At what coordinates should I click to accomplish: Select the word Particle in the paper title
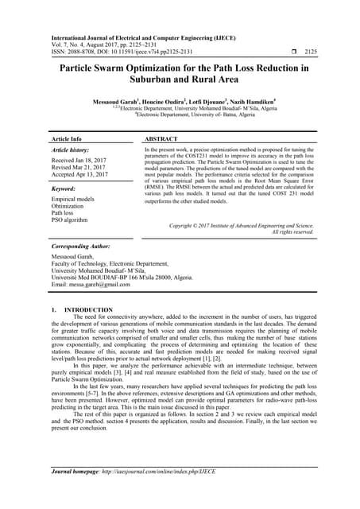tap(84, 69)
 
